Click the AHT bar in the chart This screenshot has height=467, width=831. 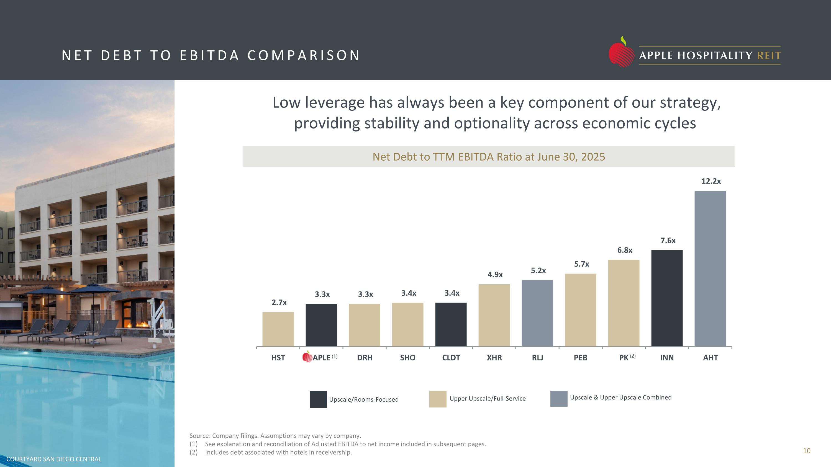pyautogui.click(x=710, y=269)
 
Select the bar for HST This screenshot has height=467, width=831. pyautogui.click(x=278, y=329)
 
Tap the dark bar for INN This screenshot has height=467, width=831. pyautogui.click(x=667, y=298)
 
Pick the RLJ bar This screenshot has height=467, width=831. pyautogui.click(x=537, y=313)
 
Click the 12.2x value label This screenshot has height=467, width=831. pyautogui.click(x=711, y=181)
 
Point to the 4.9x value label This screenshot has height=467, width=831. pyautogui.click(x=495, y=275)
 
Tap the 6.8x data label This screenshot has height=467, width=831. pyautogui.click(x=625, y=250)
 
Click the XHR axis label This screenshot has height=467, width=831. pyautogui.click(x=494, y=358)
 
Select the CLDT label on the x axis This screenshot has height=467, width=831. pyautogui.click(x=451, y=358)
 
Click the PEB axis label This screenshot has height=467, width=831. pyautogui.click(x=580, y=358)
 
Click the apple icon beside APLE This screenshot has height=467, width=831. pyautogui.click(x=307, y=357)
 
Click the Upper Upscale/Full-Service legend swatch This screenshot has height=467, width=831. pyautogui.click(x=438, y=399)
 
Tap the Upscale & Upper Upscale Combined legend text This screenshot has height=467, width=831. pyautogui.click(x=620, y=398)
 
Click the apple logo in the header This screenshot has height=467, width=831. pyautogui.click(x=621, y=52)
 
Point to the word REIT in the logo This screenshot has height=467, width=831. pyautogui.click(x=769, y=56)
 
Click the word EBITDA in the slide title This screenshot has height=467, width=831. pyautogui.click(x=209, y=55)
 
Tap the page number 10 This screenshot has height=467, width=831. pyautogui.click(x=806, y=451)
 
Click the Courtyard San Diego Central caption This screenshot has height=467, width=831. pyautogui.click(x=54, y=459)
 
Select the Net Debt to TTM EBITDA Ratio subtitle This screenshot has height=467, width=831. pyautogui.click(x=489, y=157)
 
